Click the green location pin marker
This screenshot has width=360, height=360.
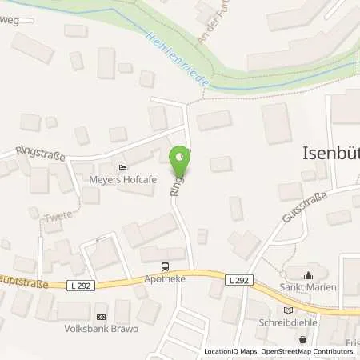coord(182,158)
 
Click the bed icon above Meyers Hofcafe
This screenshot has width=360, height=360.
coord(122,167)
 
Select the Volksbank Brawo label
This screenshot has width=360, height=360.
coord(102,329)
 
